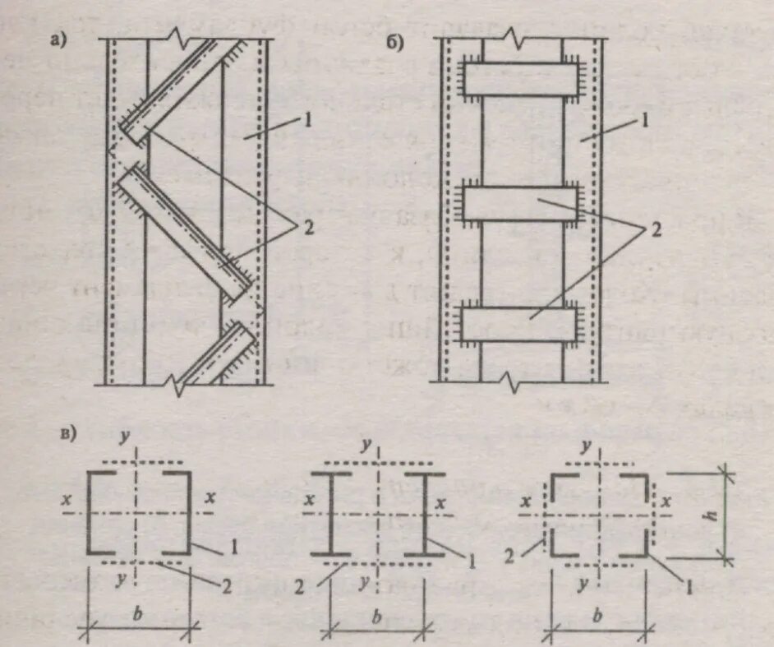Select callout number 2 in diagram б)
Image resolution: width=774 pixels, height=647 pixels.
tap(655, 231)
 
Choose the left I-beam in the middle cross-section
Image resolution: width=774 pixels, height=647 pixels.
tap(332, 513)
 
